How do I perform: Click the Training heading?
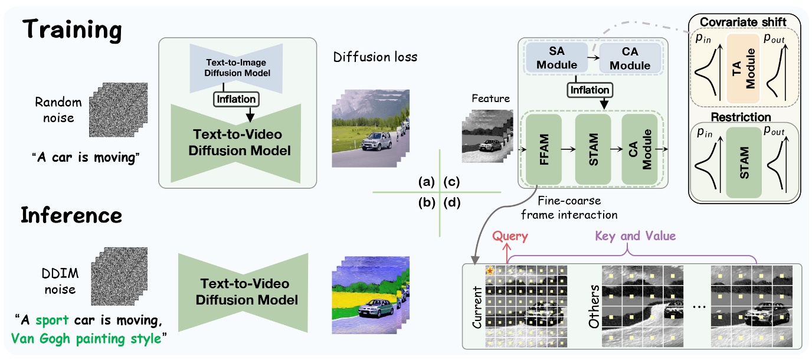tap(71, 29)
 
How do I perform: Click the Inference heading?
tap(71, 215)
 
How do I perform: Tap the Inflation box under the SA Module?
tap(590, 90)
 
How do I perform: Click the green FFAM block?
tap(543, 150)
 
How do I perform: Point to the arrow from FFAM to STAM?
tap(568, 150)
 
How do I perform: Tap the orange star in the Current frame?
tap(490, 271)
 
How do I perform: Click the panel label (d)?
tap(453, 204)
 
